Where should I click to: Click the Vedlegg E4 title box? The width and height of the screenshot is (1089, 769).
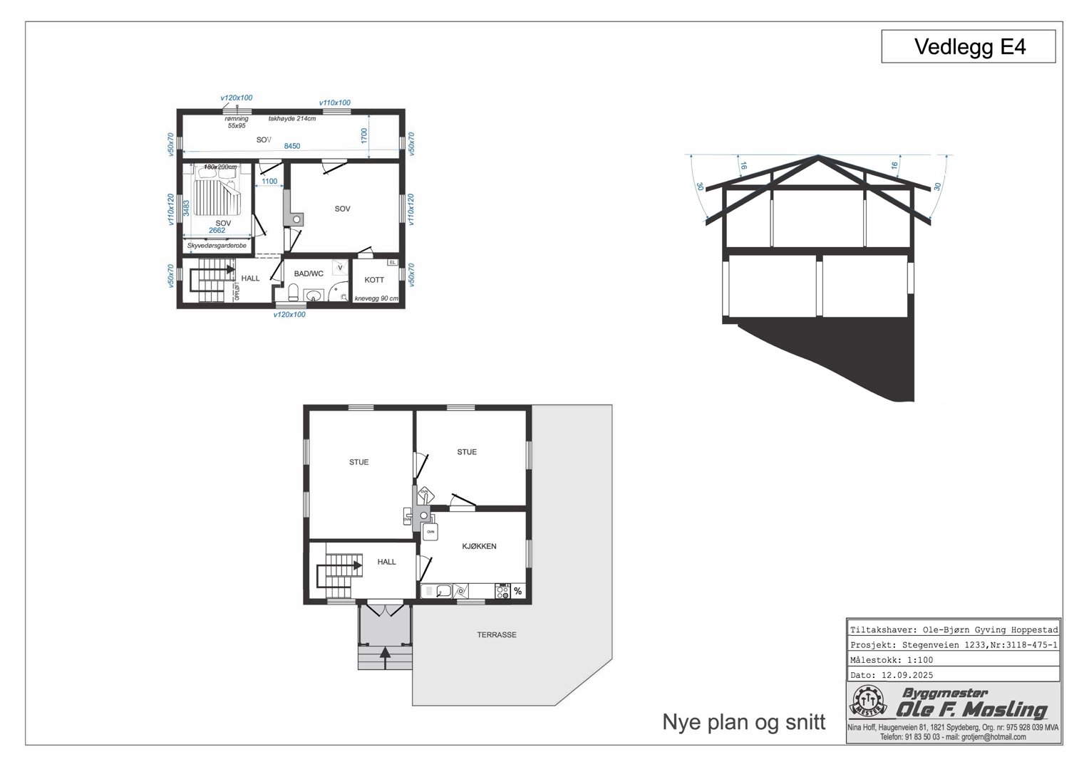coord(968,47)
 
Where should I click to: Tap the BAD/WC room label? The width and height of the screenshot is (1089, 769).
coord(309,273)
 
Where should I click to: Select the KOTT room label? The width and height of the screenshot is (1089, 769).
coord(374,280)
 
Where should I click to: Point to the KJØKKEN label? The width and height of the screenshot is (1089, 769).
coord(479,546)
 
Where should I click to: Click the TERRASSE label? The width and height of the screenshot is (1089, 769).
coord(497,634)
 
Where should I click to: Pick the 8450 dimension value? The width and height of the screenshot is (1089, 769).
coord(292,146)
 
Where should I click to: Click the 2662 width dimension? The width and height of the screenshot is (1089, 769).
coord(217,230)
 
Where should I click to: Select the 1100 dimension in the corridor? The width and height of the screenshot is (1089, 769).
coord(269,182)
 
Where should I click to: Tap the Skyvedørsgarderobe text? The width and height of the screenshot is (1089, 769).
coord(217,246)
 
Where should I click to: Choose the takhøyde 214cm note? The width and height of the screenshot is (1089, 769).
coord(292,119)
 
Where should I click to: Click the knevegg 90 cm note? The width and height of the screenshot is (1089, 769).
coord(376,298)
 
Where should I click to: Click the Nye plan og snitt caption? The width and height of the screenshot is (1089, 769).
coord(743,722)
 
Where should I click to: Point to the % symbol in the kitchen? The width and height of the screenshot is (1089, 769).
coord(517,591)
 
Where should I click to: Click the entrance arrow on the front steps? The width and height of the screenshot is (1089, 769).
coord(386,655)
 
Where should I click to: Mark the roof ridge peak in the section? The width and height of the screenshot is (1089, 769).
coord(818,155)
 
